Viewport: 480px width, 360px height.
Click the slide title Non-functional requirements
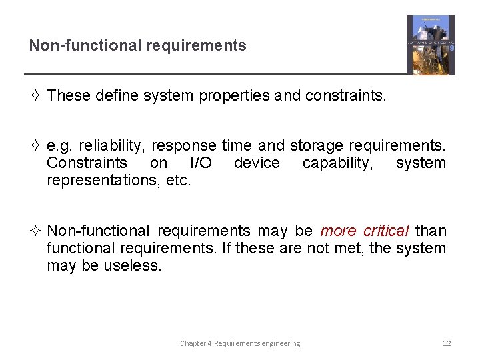pos(137,46)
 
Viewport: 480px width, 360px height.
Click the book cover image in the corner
pos(431,45)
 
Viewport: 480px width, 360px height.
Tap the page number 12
pos(447,343)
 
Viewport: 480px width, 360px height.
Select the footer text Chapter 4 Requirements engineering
pos(240,343)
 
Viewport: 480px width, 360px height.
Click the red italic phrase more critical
pos(365,231)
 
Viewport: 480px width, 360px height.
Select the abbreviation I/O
pos(201,163)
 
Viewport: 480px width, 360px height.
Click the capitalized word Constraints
pos(87,163)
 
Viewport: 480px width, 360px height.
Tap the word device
pos(257,163)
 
